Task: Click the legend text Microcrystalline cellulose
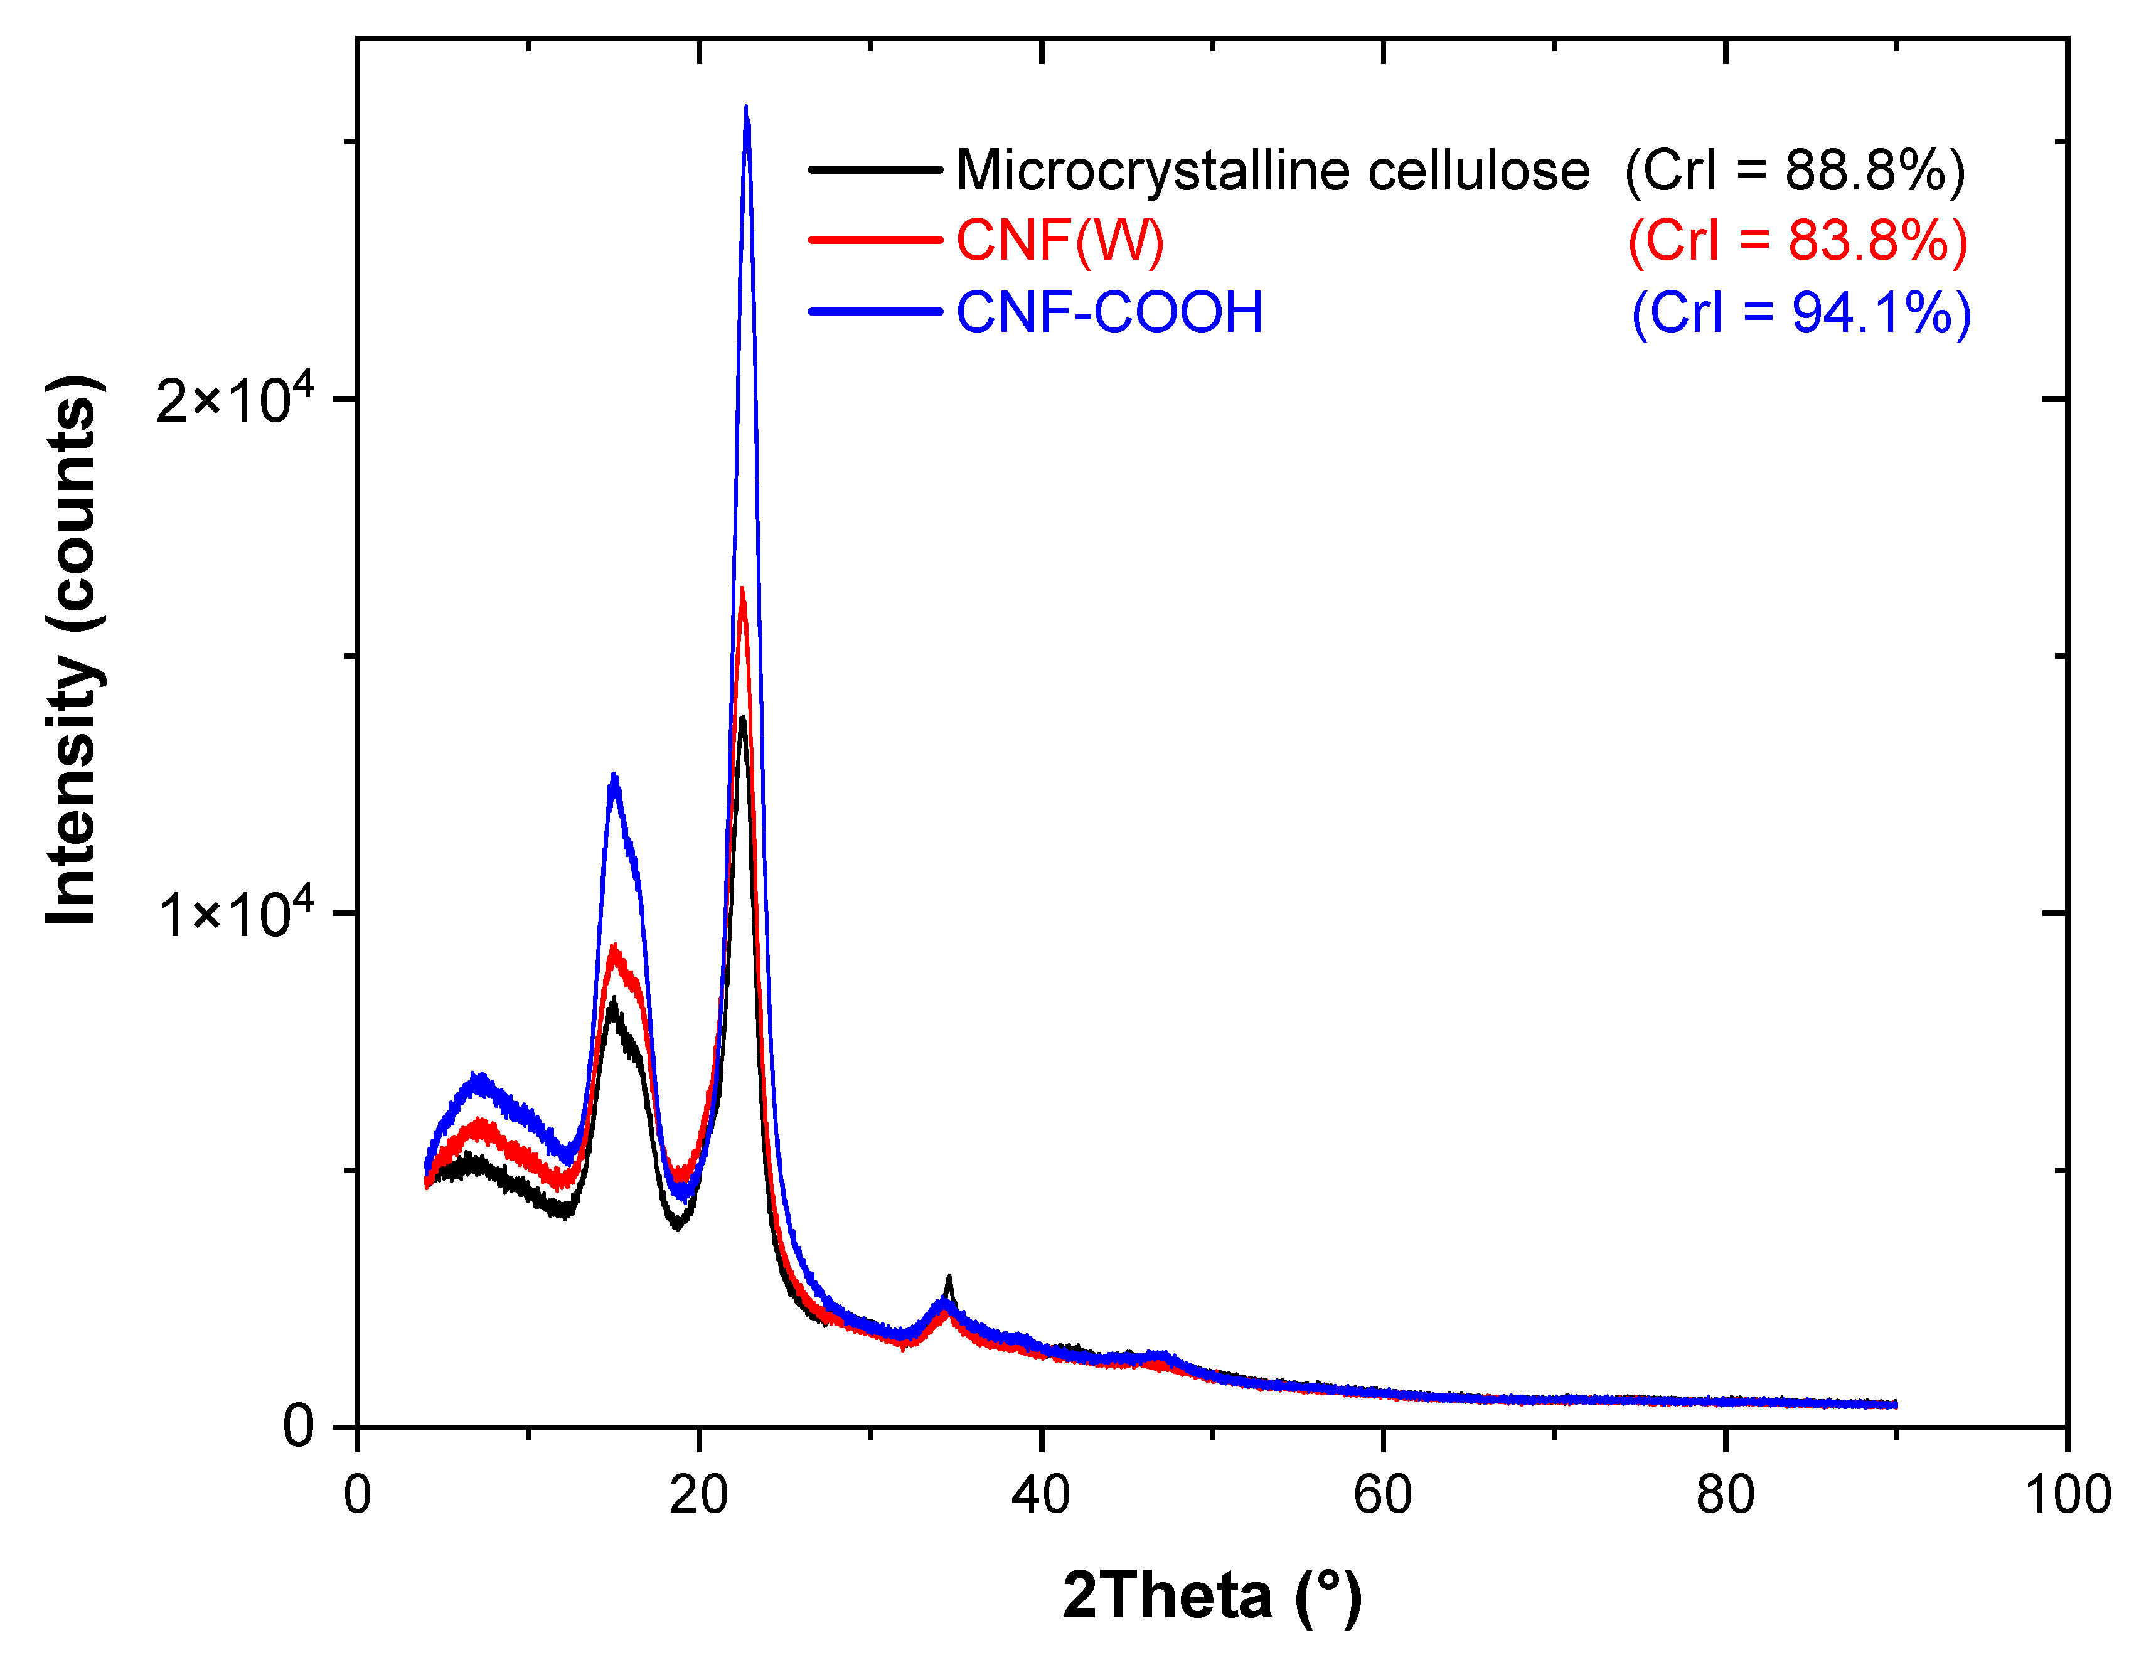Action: tap(1272, 171)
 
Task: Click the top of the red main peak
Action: tap(743, 591)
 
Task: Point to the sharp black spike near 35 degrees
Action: tap(949, 1278)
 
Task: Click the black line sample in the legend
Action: tap(875, 169)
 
